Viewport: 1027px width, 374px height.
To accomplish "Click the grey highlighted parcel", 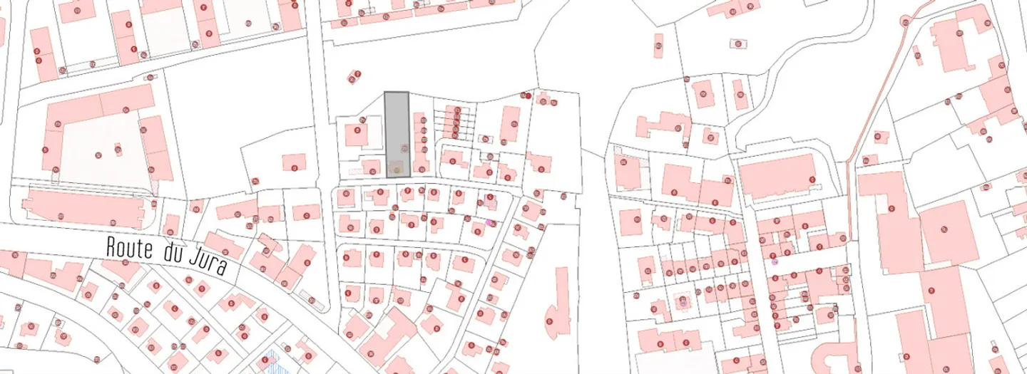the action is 397,128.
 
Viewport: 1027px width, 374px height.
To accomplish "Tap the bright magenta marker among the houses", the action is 489,223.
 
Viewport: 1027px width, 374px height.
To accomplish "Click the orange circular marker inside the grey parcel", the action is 397,170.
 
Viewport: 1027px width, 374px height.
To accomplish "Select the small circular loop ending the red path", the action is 906,22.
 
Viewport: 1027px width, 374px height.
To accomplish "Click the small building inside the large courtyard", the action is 118,150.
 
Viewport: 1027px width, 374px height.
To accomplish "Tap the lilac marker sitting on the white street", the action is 775,261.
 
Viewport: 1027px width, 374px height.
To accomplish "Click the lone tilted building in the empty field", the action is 354,76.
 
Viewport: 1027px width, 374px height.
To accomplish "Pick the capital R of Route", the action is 111,246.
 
